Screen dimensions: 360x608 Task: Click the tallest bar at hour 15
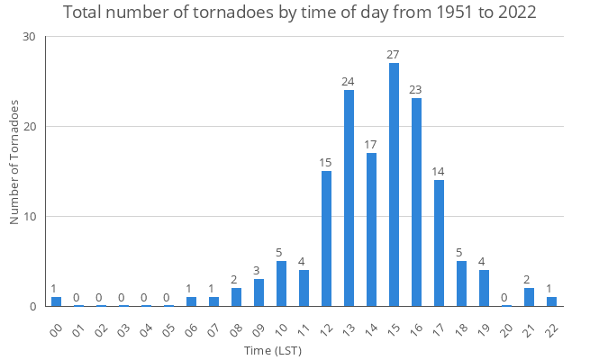coord(394,184)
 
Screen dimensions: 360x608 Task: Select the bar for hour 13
coord(349,198)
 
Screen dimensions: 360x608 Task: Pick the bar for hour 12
coord(326,238)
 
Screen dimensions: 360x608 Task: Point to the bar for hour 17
coord(439,243)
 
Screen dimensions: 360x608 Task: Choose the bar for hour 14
coord(371,229)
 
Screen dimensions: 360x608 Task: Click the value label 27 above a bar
coord(394,55)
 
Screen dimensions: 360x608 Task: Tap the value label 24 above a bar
coord(349,82)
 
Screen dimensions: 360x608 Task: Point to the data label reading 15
coord(326,163)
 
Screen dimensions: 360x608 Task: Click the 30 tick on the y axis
coord(30,37)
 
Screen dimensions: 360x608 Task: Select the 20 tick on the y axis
coord(30,127)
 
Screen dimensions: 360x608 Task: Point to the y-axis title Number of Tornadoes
coord(15,162)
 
